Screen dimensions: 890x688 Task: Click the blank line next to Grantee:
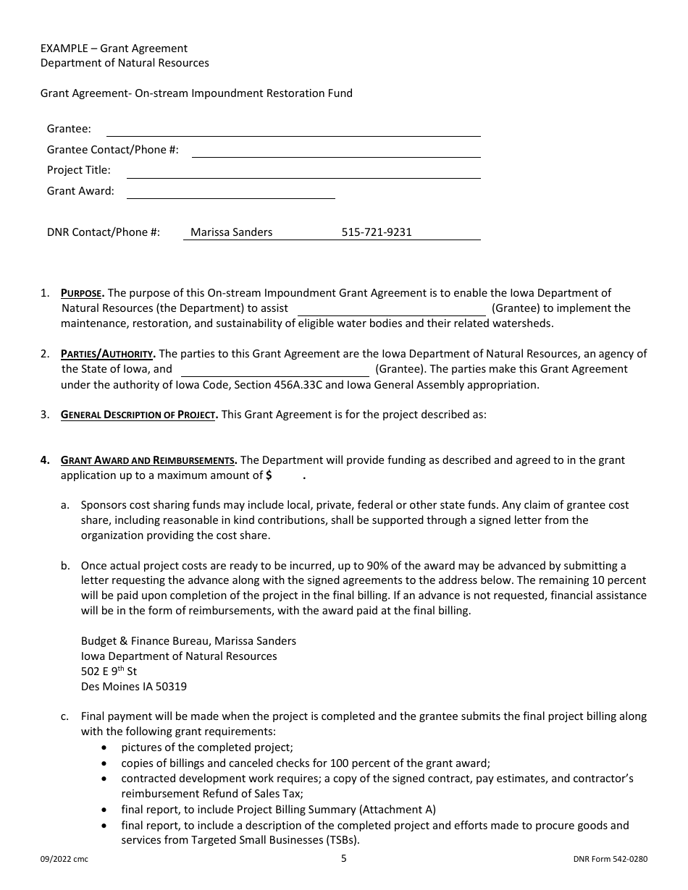pyautogui.click(x=293, y=130)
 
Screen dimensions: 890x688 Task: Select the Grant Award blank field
pyautogui.click(x=230, y=192)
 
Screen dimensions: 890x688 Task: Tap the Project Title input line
pyautogui.click(x=303, y=171)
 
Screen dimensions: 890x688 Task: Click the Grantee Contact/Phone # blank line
pyautogui.click(x=336, y=151)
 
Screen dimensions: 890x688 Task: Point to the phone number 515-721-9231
pyautogui.click(x=376, y=232)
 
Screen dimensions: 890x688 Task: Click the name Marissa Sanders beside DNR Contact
pyautogui.click(x=231, y=232)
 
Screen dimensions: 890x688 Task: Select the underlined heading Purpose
pyautogui.click(x=82, y=293)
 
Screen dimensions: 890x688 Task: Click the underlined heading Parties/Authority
pyautogui.click(x=107, y=354)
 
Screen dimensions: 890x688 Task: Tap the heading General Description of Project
pyautogui.click(x=138, y=415)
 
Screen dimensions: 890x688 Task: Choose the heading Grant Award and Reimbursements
pyautogui.click(x=148, y=460)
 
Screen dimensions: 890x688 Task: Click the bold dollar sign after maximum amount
pyautogui.click(x=269, y=475)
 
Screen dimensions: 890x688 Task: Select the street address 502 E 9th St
pyautogui.click(x=109, y=671)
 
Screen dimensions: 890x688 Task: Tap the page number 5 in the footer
pyautogui.click(x=344, y=859)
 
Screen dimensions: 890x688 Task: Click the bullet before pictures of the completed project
pyautogui.click(x=107, y=747)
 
